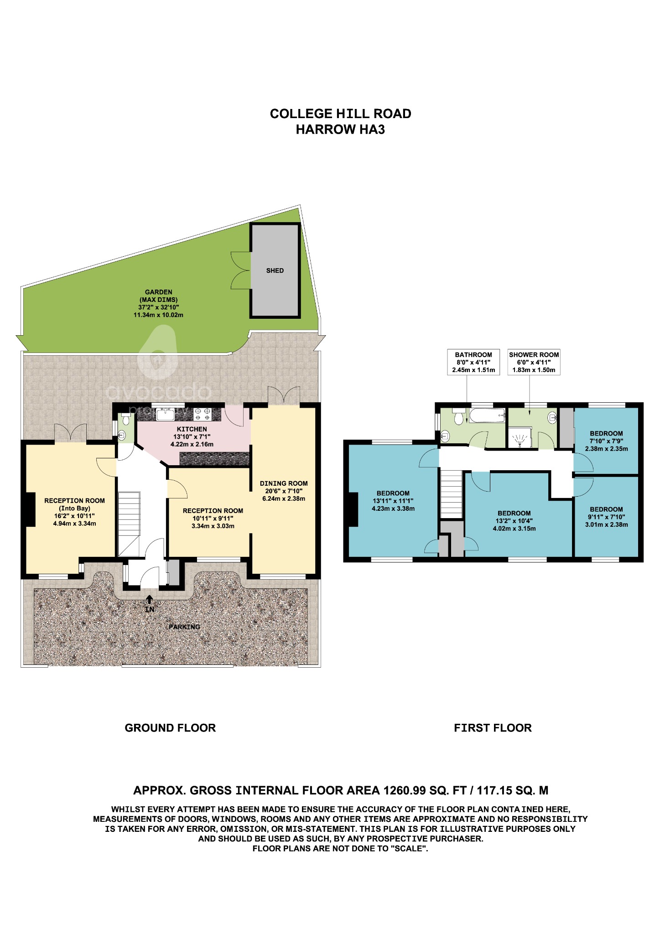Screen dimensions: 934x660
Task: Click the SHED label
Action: (x=275, y=270)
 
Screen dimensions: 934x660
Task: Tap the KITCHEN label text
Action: (x=192, y=429)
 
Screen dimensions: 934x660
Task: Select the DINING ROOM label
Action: (x=283, y=483)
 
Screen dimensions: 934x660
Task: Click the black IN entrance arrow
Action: (x=150, y=599)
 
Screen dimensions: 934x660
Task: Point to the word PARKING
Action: (x=184, y=627)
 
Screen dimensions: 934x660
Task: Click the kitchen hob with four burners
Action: (x=203, y=414)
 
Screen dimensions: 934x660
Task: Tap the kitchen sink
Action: (x=166, y=414)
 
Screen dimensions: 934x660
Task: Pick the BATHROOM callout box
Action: (x=473, y=362)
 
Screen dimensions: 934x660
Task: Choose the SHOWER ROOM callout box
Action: (x=534, y=362)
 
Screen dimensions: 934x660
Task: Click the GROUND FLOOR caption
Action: (x=170, y=728)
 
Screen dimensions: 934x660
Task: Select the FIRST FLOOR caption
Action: (x=493, y=728)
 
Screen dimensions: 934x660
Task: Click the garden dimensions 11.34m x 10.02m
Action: (x=158, y=315)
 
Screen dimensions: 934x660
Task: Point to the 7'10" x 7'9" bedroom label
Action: (x=606, y=441)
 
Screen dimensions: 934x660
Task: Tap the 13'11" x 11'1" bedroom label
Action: (x=393, y=501)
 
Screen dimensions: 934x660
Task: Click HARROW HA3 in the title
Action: (x=340, y=130)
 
